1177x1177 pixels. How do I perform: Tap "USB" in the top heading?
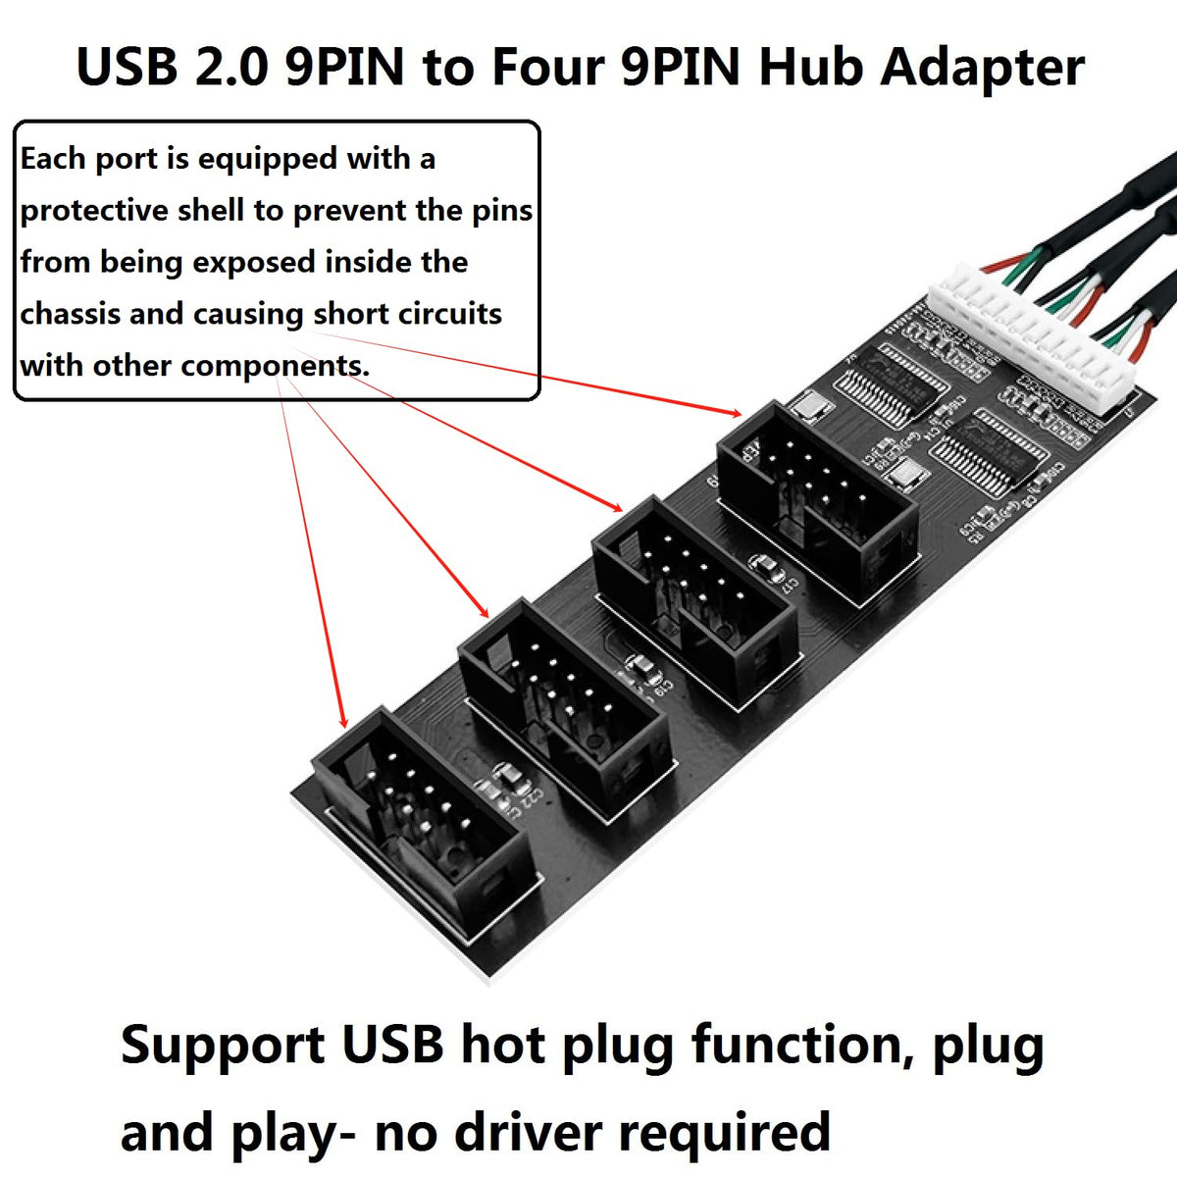tap(128, 67)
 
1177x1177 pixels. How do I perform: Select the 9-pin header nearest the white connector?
tap(817, 497)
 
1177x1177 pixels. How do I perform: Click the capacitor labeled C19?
tap(643, 669)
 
